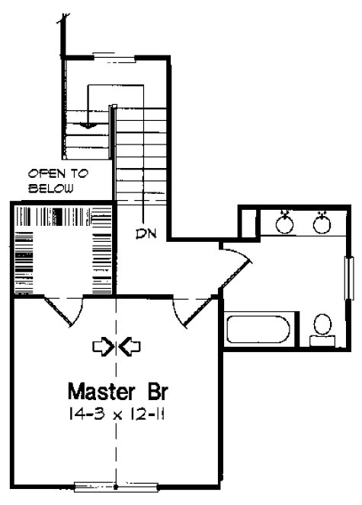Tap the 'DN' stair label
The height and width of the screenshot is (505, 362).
point(147,232)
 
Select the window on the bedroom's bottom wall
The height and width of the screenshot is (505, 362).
point(116,484)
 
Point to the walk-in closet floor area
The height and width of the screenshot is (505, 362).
point(65,259)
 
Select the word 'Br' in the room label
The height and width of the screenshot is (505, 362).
point(150,392)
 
